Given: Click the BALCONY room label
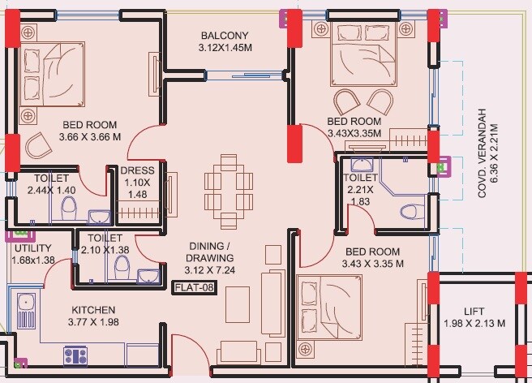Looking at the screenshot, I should [225, 36].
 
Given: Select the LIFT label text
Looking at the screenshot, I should [474, 312].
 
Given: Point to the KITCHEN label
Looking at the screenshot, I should [93, 310].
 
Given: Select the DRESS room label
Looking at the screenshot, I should [136, 171].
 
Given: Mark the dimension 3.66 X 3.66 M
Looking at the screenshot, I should [91, 137].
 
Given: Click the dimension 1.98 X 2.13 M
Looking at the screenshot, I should [474, 324].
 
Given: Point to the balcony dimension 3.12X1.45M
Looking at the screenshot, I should [225, 48].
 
